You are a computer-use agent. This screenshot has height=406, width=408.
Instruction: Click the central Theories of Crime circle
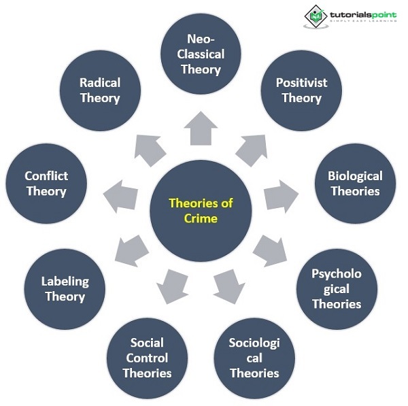[x=201, y=211]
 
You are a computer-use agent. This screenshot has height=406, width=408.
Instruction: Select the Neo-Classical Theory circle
[x=201, y=54]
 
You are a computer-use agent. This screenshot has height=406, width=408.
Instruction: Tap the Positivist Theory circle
[x=301, y=90]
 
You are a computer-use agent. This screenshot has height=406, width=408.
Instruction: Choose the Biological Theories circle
[x=355, y=184]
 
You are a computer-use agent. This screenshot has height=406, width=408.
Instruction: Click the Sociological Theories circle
[x=254, y=358]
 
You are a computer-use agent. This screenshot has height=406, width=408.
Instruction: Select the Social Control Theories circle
[x=148, y=358]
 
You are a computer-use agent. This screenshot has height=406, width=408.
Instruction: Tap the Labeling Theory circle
[x=65, y=288]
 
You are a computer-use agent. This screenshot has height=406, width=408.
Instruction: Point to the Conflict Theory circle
[x=46, y=184]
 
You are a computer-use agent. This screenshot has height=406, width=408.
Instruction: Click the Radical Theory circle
[x=100, y=90]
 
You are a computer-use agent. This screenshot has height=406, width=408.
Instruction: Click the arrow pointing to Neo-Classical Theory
[x=201, y=129]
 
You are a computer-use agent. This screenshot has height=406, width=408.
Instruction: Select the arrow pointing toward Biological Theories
[x=279, y=197]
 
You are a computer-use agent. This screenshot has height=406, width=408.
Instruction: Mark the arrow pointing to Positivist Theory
[x=251, y=149]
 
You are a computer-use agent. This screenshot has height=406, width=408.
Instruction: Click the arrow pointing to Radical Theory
[x=150, y=149]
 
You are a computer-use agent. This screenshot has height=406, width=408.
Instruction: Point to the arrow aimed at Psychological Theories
[x=269, y=250]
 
